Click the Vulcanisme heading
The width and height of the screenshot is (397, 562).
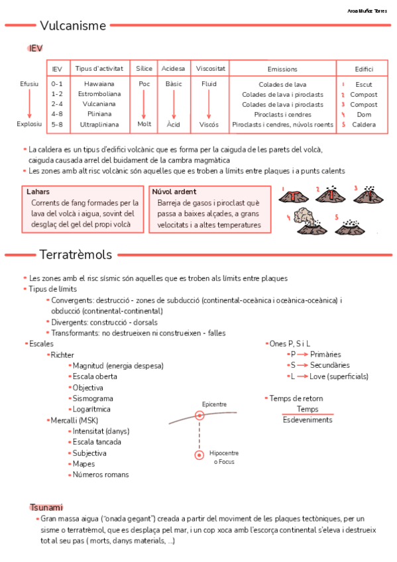click(x=73, y=26)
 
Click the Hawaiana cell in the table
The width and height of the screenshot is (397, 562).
click(x=99, y=84)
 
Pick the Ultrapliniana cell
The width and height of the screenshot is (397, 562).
click(x=99, y=124)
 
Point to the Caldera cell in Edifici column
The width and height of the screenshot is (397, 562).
click(x=364, y=124)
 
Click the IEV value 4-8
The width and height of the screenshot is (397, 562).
click(x=57, y=114)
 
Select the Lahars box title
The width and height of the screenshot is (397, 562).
click(x=38, y=192)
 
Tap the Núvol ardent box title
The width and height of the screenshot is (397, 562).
click(x=174, y=192)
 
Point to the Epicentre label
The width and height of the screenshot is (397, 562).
click(x=214, y=404)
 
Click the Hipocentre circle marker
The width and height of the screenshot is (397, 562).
click(x=199, y=455)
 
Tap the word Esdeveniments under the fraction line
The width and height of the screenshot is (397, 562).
click(x=307, y=420)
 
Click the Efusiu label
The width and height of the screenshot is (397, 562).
click(x=29, y=84)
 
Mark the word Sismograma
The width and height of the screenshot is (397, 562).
click(x=93, y=398)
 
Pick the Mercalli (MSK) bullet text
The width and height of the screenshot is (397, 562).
click(x=74, y=420)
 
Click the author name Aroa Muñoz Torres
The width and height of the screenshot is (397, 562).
click(x=368, y=11)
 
